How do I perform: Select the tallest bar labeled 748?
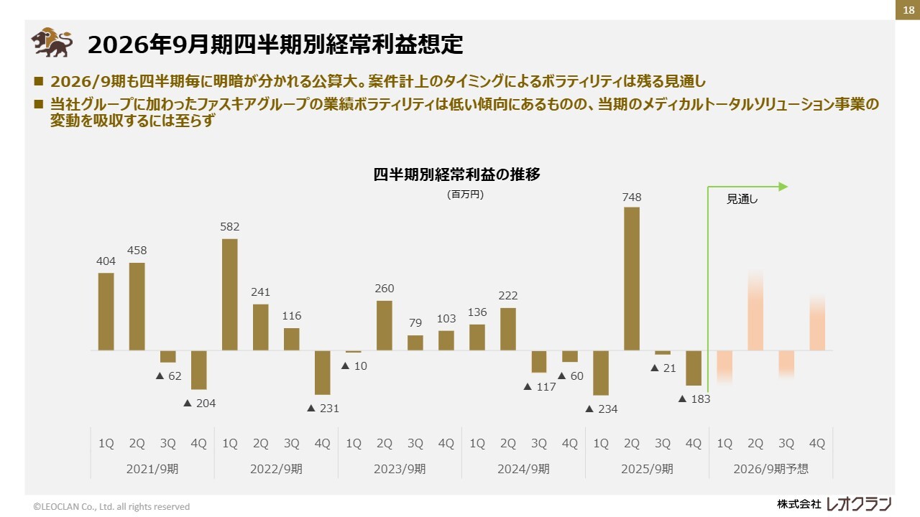tap(632, 279)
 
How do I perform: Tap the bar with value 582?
tap(230, 294)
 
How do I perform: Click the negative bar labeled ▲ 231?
tap(323, 372)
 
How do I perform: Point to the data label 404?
tap(106, 261)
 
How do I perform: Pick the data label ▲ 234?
tap(601, 409)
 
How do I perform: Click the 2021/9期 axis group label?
tap(152, 469)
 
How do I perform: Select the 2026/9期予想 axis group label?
tap(770, 469)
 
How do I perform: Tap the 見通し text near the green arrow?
tap(742, 200)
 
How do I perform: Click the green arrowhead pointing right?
tap(783, 187)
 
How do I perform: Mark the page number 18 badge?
tap(908, 9)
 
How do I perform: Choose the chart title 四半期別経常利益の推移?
tap(456, 174)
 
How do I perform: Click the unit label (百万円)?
tap(465, 194)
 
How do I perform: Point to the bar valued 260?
tap(385, 325)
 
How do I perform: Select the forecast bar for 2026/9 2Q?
tap(755, 312)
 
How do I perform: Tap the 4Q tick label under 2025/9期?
tap(694, 444)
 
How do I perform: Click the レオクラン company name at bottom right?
tap(859, 504)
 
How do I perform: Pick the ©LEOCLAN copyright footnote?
tap(111, 506)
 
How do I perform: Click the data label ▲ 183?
tap(694, 399)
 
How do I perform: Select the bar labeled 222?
tap(508, 329)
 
